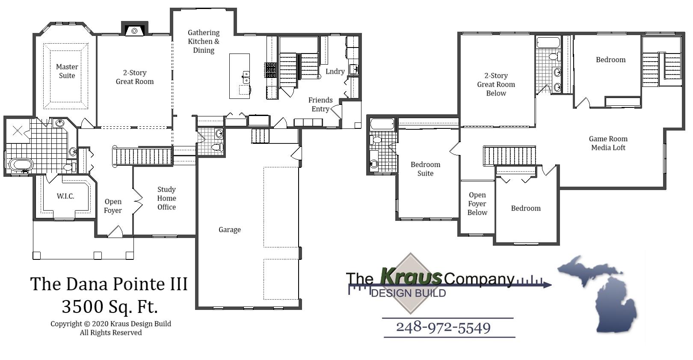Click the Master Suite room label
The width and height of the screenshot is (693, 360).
tap(67, 71)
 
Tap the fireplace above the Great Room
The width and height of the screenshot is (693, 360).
tap(134, 30)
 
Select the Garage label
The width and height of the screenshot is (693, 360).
tap(230, 230)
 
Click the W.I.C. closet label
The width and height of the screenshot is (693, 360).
tap(65, 196)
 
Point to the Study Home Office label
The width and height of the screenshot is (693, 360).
tap(166, 198)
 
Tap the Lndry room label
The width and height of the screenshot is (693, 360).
tap(335, 71)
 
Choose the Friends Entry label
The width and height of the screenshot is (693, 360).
tap(320, 104)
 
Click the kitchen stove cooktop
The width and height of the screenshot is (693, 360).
tap(271, 70)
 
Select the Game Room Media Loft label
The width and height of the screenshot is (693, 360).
tap(608, 143)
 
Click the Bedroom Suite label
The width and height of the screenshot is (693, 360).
tap(425, 169)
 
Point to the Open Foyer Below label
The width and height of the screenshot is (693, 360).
tap(477, 204)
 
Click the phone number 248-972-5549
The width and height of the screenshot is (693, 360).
tap(443, 328)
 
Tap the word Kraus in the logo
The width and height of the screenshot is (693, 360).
tap(411, 277)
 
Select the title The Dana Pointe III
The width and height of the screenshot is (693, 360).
tap(109, 284)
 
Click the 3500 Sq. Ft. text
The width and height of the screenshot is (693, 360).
tap(110, 306)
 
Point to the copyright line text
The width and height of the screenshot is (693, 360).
tap(111, 324)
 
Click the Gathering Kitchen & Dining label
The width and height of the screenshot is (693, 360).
tap(204, 42)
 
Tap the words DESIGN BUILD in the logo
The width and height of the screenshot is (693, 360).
tap(409, 293)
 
